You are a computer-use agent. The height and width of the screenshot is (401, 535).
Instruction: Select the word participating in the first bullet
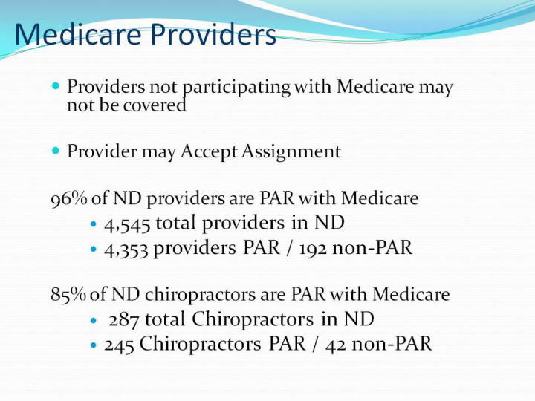(236, 88)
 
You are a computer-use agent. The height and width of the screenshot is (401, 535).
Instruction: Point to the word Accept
(209, 151)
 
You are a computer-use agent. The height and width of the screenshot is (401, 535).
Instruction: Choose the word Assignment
(291, 151)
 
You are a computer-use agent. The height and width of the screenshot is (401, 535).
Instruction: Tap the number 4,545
(127, 224)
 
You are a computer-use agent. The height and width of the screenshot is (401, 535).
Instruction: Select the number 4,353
(126, 249)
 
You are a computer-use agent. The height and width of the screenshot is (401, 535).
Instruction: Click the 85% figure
(68, 294)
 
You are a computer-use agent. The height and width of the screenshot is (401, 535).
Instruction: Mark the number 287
(123, 320)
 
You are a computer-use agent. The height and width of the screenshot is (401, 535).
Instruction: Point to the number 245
(119, 345)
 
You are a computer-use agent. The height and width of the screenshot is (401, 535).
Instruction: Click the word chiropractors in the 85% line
(201, 295)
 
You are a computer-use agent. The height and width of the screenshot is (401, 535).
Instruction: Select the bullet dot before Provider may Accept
(56, 150)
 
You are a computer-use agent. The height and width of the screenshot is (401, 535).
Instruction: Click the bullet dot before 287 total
(94, 321)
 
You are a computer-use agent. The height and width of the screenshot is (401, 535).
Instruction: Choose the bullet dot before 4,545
(94, 224)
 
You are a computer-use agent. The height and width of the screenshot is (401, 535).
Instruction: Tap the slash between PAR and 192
(290, 248)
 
